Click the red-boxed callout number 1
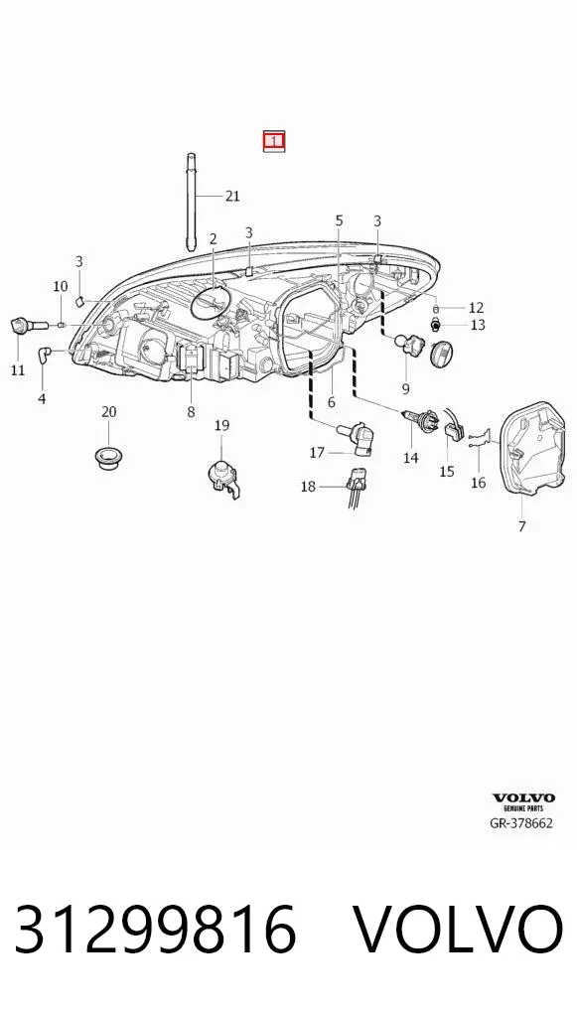pos(273,141)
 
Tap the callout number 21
pos(232,196)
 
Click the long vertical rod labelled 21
pos(192,202)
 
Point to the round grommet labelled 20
pos(107,455)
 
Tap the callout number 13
pos(478,325)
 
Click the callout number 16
pos(479,483)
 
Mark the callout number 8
pos(191,411)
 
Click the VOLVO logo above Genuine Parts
pos(523,798)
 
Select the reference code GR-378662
pos(521,822)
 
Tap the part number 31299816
pos(155,930)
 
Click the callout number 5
pos(339,221)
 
